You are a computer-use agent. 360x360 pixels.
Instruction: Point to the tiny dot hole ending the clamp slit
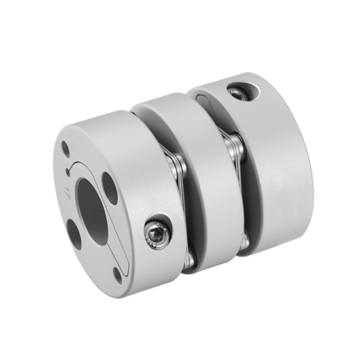68,173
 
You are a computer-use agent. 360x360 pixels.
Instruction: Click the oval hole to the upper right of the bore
110,189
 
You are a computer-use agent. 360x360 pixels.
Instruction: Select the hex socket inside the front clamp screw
157,231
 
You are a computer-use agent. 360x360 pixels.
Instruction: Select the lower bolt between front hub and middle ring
188,259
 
